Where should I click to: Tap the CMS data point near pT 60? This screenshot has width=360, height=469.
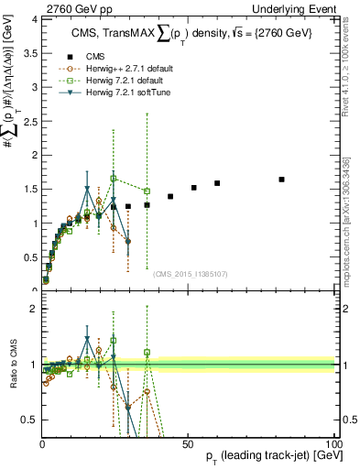[217, 183]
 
